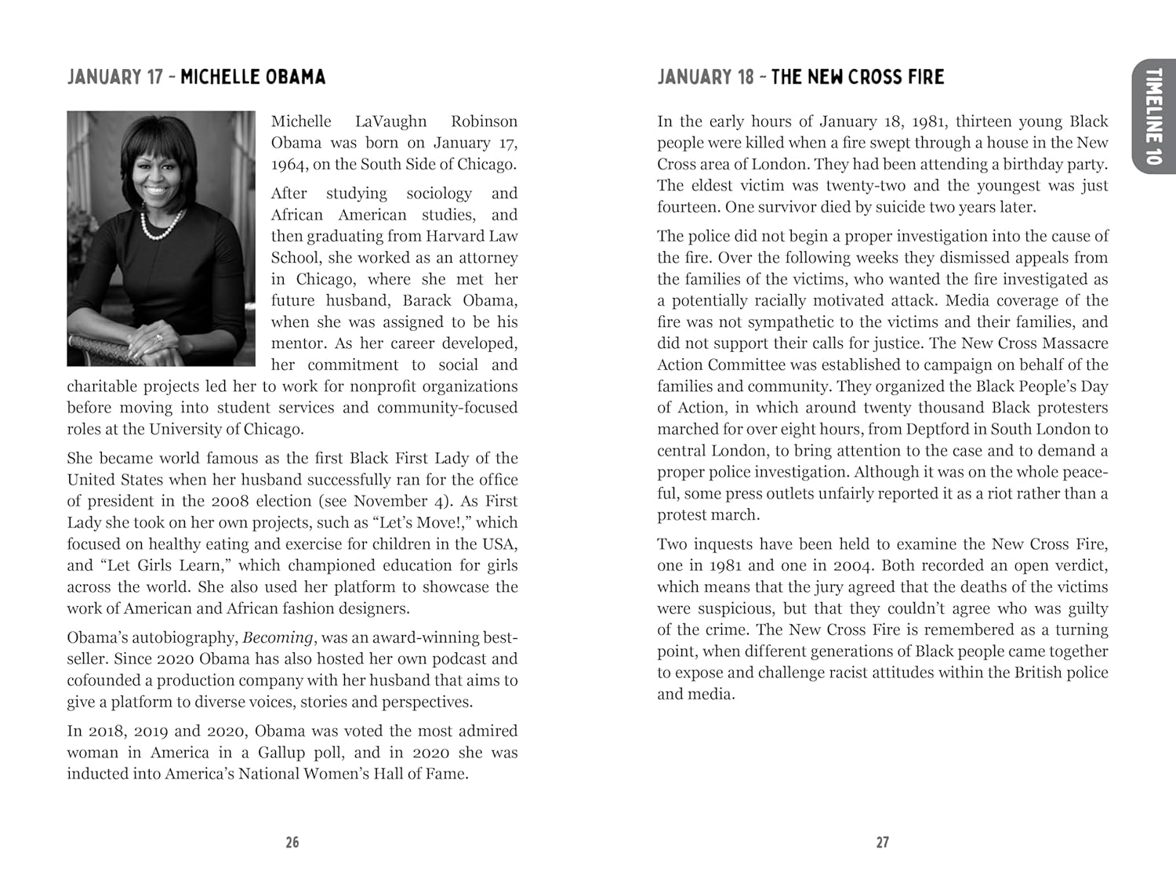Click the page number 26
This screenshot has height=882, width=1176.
(292, 842)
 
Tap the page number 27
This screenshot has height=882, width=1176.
(883, 842)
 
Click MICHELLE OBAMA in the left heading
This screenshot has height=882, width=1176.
(252, 77)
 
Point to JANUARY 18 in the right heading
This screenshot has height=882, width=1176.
(706, 77)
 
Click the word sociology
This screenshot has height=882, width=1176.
(439, 193)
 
